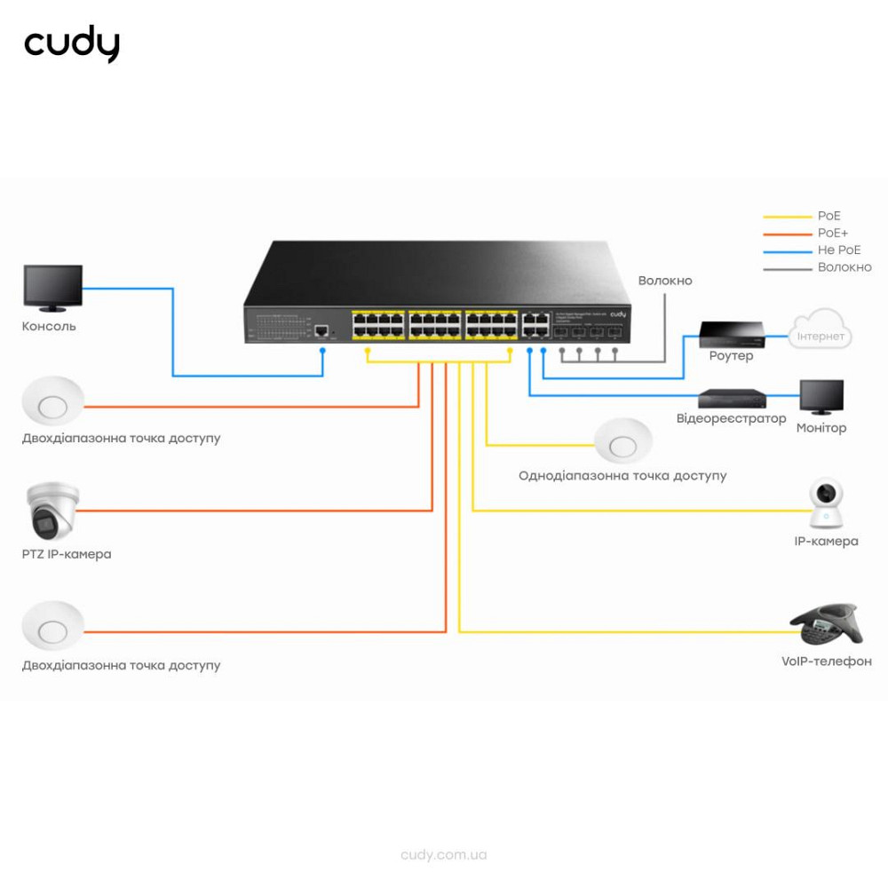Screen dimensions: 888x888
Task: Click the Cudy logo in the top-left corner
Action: [72, 44]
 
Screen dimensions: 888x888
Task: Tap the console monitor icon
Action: [53, 289]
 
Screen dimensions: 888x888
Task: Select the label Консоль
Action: [49, 326]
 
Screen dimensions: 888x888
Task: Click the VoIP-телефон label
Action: [826, 662]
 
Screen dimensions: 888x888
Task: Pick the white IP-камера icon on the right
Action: [826, 504]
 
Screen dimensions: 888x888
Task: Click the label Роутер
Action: [731, 356]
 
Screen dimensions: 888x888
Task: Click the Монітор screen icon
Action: [821, 397]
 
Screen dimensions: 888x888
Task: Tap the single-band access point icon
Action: [623, 440]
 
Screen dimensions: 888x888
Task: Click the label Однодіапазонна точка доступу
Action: [622, 476]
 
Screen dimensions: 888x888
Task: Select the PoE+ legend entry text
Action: [832, 233]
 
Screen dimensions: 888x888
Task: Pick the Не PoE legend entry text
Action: [838, 250]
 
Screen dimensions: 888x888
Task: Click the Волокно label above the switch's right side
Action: [664, 281]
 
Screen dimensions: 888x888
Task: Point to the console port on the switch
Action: [321, 332]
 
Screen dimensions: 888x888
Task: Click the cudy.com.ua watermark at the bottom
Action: [444, 855]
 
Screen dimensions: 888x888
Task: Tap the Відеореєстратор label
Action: [731, 418]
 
